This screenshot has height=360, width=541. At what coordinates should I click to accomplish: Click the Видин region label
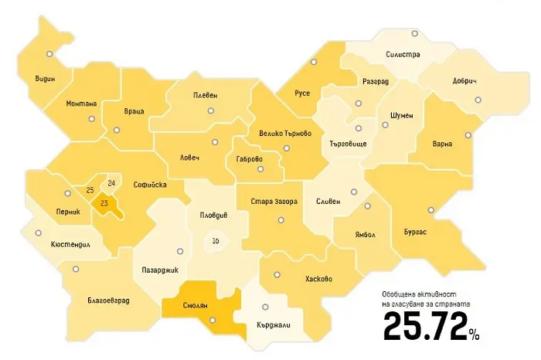[x=45, y=79]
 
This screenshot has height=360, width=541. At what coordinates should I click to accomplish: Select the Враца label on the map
[x=134, y=111]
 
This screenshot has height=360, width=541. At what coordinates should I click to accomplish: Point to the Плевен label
[x=205, y=95]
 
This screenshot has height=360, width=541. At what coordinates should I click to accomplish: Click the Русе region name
[x=302, y=93]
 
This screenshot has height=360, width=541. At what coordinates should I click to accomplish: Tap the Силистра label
[x=402, y=55]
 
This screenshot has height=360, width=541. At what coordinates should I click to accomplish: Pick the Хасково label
[x=318, y=279]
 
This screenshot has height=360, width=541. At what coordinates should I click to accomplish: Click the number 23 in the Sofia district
[x=103, y=203]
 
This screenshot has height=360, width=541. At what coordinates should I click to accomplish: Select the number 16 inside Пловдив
[x=215, y=242]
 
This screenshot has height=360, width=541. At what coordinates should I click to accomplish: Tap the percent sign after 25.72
[x=473, y=334]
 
